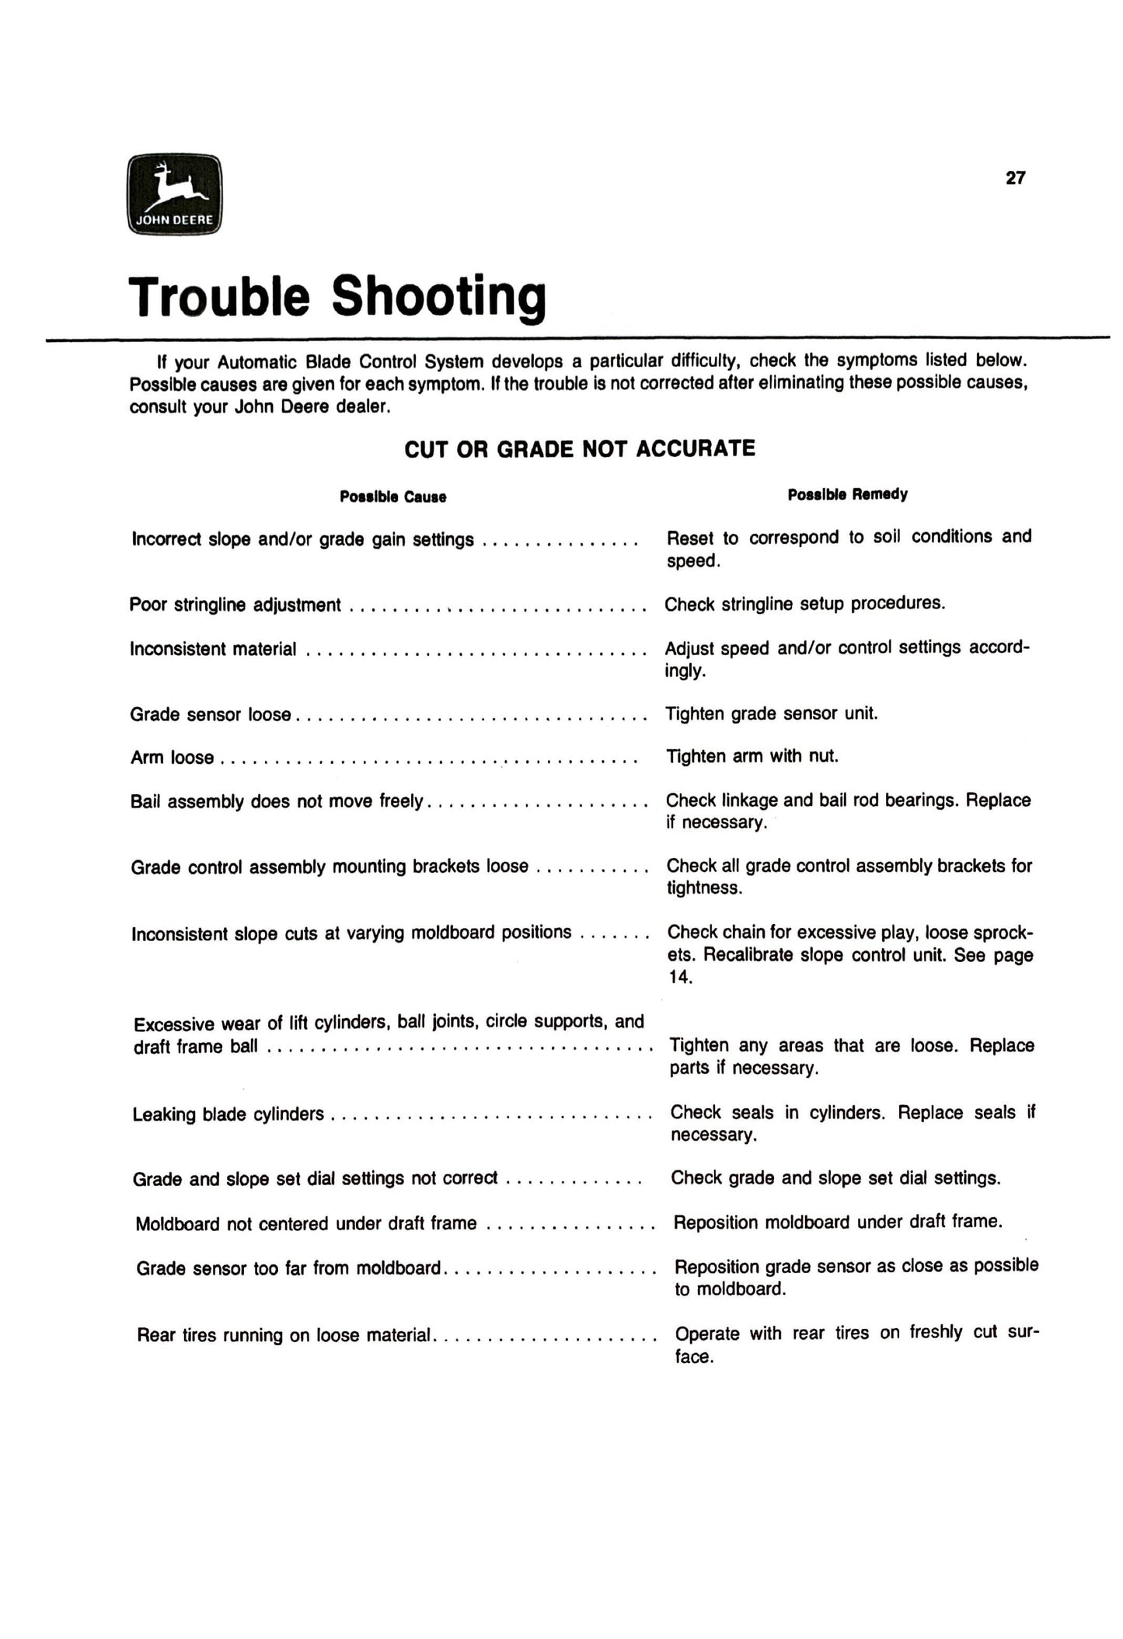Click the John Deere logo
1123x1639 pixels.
tap(174, 194)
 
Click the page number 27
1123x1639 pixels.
tap(1015, 178)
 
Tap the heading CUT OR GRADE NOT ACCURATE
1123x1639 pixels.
tap(580, 449)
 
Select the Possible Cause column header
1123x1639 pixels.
tap(392, 497)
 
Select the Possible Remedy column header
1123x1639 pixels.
tap(847, 494)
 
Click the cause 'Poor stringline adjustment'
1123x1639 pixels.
tap(235, 605)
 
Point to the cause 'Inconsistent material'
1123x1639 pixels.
tap(213, 649)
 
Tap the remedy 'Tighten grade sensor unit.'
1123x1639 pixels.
tap(772, 713)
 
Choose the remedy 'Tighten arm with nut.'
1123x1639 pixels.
tap(752, 756)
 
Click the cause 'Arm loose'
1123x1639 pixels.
tap(172, 758)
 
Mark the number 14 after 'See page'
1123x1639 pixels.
tap(679, 978)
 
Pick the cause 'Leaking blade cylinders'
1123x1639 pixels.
tap(228, 1114)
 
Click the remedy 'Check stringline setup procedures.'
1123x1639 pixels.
tap(804, 604)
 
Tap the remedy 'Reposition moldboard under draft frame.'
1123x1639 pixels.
tap(838, 1222)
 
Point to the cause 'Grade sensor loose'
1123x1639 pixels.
tap(210, 714)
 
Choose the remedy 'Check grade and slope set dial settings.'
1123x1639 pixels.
tap(835, 1178)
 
